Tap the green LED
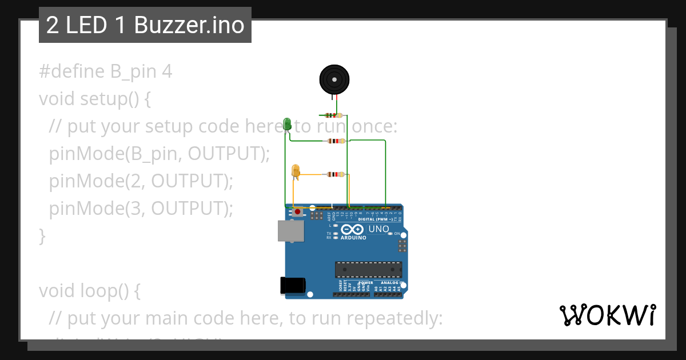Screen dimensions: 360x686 click(x=287, y=123)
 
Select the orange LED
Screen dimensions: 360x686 click(x=296, y=171)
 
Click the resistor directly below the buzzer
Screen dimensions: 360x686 click(x=330, y=115)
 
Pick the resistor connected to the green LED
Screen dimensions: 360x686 click(x=334, y=141)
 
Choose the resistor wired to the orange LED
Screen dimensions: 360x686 click(x=334, y=174)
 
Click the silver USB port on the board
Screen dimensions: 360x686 click(x=291, y=231)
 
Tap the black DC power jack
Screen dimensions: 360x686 click(x=292, y=285)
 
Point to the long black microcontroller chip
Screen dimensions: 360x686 click(x=368, y=269)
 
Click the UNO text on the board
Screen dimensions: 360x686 click(x=378, y=229)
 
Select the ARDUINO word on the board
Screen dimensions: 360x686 click(x=353, y=238)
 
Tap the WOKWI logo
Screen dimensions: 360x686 click(x=608, y=315)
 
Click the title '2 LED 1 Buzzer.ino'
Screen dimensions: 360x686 click(x=145, y=25)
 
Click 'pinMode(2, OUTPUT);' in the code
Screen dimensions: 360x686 click(x=141, y=181)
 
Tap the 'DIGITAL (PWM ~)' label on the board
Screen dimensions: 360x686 click(x=376, y=219)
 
